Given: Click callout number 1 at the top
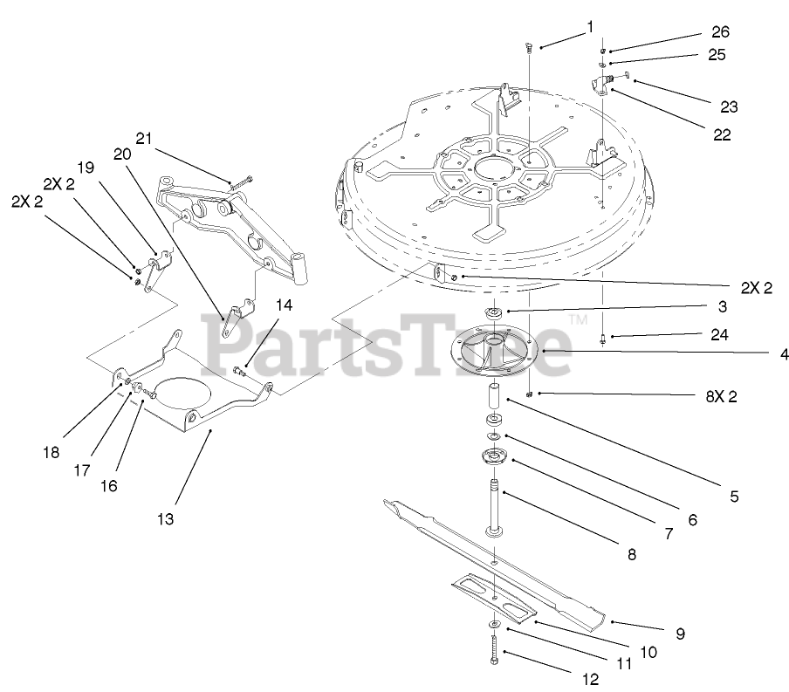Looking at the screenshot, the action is [x=590, y=26].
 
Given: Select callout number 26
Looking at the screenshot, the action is [x=719, y=32].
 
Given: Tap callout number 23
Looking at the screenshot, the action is [x=730, y=106].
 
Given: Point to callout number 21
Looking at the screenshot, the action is [x=144, y=138].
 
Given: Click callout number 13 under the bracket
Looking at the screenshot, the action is [x=165, y=518].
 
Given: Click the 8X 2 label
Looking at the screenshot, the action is [x=720, y=397].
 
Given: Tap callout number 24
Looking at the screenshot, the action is [x=719, y=334].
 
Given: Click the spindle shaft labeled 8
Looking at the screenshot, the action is [x=495, y=506].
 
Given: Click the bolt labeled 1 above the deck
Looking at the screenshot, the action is [x=529, y=49].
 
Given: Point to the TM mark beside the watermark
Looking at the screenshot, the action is [x=577, y=321].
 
